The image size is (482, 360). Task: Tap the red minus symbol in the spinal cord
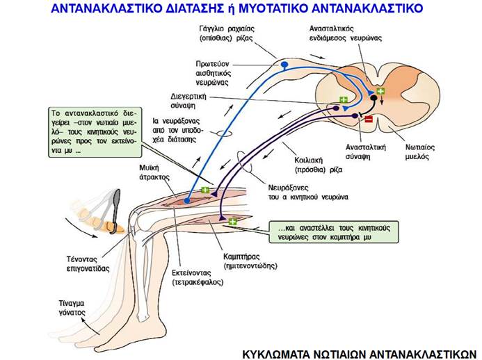click(368, 120)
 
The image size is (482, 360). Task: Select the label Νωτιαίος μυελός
click(421, 152)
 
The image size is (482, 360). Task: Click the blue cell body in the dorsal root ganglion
click(284, 65)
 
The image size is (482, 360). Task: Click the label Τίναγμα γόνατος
click(73, 308)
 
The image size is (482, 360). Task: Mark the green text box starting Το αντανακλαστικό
click(95, 131)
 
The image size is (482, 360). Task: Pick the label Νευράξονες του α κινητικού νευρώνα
click(307, 192)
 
